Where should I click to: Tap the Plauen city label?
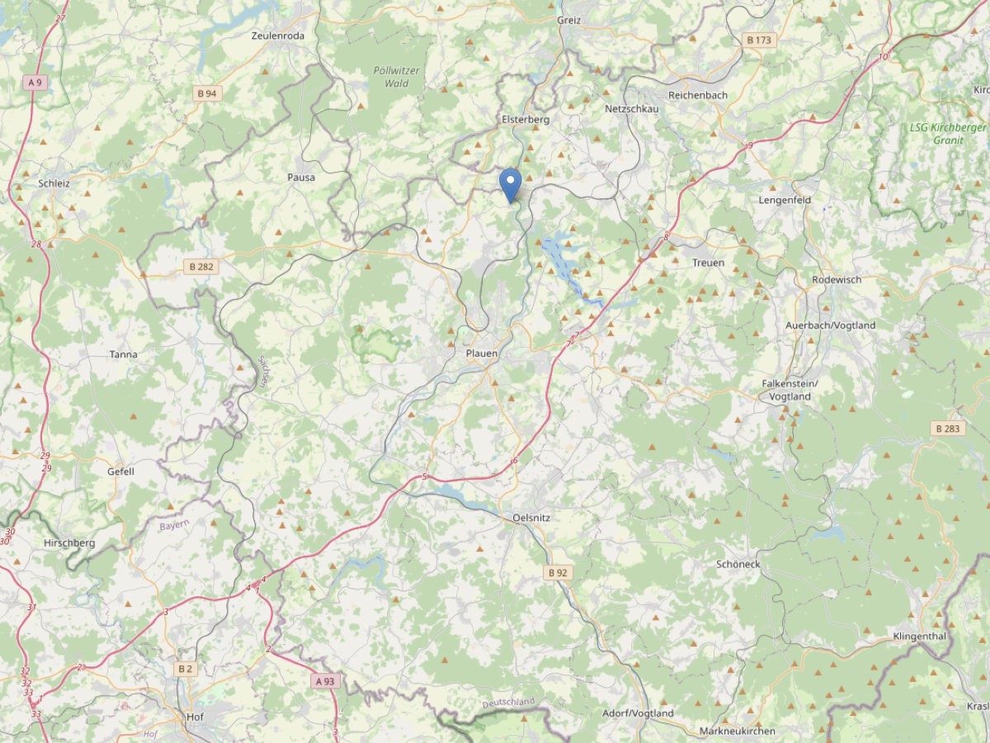tap(482, 353)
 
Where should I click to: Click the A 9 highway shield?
tap(34, 83)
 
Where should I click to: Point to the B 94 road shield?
tap(206, 93)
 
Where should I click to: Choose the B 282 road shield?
tap(201, 267)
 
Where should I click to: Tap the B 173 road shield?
tap(759, 40)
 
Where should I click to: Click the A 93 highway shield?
tap(325, 681)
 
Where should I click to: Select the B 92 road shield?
tap(558, 572)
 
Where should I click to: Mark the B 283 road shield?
tap(948, 428)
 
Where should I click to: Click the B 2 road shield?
tap(185, 669)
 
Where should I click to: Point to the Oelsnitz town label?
tap(531, 518)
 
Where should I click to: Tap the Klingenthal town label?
tap(919, 637)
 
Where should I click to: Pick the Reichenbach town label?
tap(698, 95)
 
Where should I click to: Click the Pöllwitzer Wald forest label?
tap(396, 77)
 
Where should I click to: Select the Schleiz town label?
tap(54, 183)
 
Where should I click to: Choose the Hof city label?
tap(195, 717)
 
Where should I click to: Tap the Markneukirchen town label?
tap(737, 731)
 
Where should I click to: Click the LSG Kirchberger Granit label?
tap(948, 134)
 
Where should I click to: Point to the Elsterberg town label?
tap(526, 120)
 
